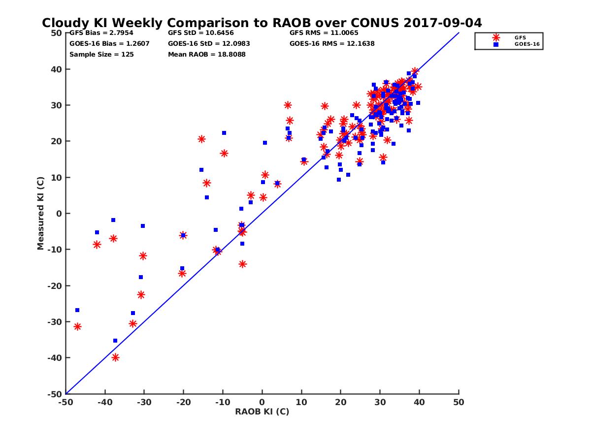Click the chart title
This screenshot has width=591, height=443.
click(262, 23)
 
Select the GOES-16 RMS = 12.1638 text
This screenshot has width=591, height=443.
click(332, 43)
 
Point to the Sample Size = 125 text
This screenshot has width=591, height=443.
click(101, 54)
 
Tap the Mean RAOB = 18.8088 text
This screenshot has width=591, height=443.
click(207, 54)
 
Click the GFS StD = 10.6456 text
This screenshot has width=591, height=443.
click(201, 33)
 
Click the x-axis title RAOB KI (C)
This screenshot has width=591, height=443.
click(262, 411)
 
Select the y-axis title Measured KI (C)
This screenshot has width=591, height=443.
click(40, 213)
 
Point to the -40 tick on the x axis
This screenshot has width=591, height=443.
click(105, 402)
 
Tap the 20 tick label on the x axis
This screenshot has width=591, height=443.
click(341, 402)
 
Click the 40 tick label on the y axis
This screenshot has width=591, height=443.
click(56, 69)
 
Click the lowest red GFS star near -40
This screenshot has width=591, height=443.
click(115, 357)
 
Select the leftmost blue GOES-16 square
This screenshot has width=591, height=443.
click(77, 310)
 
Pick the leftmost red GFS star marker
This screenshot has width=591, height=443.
click(77, 327)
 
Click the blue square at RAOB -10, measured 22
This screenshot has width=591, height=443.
click(224, 133)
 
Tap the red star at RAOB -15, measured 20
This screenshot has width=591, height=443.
click(201, 139)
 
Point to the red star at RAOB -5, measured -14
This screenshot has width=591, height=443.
click(242, 264)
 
